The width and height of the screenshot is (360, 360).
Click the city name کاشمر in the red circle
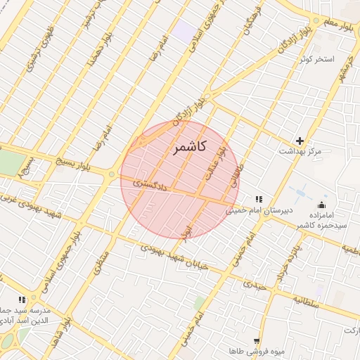[188, 147]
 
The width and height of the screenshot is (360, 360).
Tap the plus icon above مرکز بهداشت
[300, 141]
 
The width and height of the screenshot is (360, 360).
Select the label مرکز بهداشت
[300, 151]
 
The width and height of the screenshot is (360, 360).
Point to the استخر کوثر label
[314, 58]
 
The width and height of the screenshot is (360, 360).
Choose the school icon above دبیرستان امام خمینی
[259, 199]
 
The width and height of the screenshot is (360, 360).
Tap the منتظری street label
[102, 262]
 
